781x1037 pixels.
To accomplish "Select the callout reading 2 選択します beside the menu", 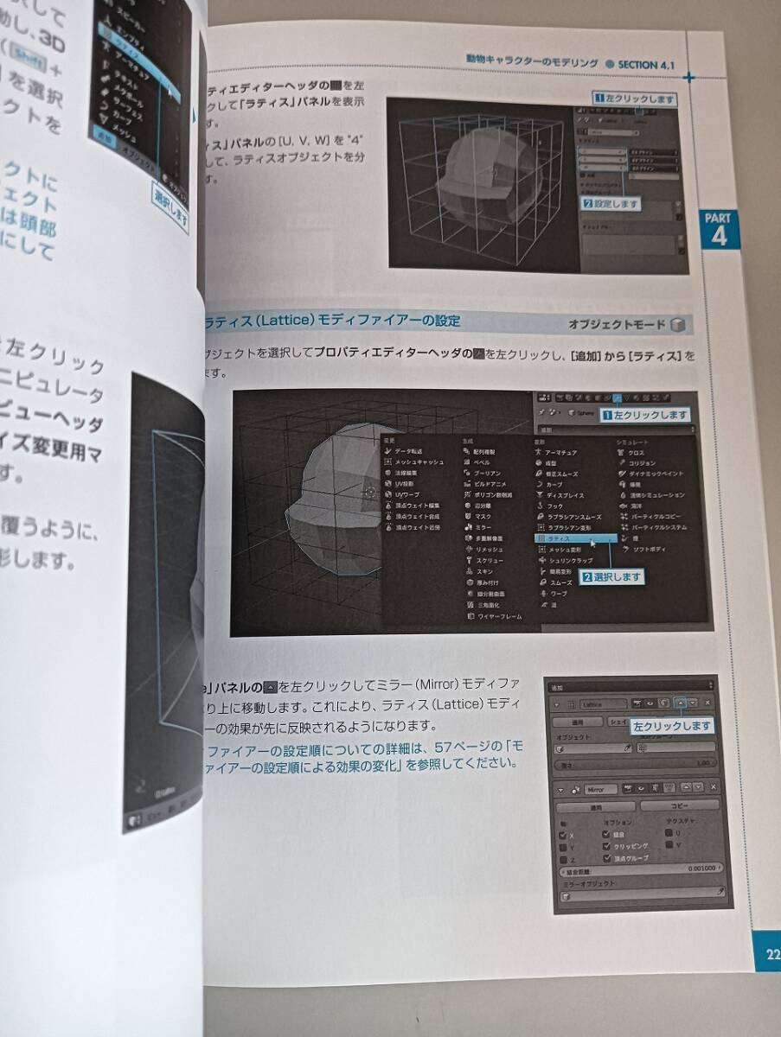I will (x=612, y=576).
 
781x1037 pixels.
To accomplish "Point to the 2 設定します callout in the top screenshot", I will (x=611, y=204).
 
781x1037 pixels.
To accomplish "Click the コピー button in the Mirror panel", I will (x=678, y=805).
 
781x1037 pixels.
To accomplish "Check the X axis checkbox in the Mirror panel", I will (x=564, y=836).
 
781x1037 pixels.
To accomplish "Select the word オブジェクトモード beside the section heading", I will (x=617, y=325).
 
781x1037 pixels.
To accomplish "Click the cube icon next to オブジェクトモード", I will (x=679, y=325).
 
